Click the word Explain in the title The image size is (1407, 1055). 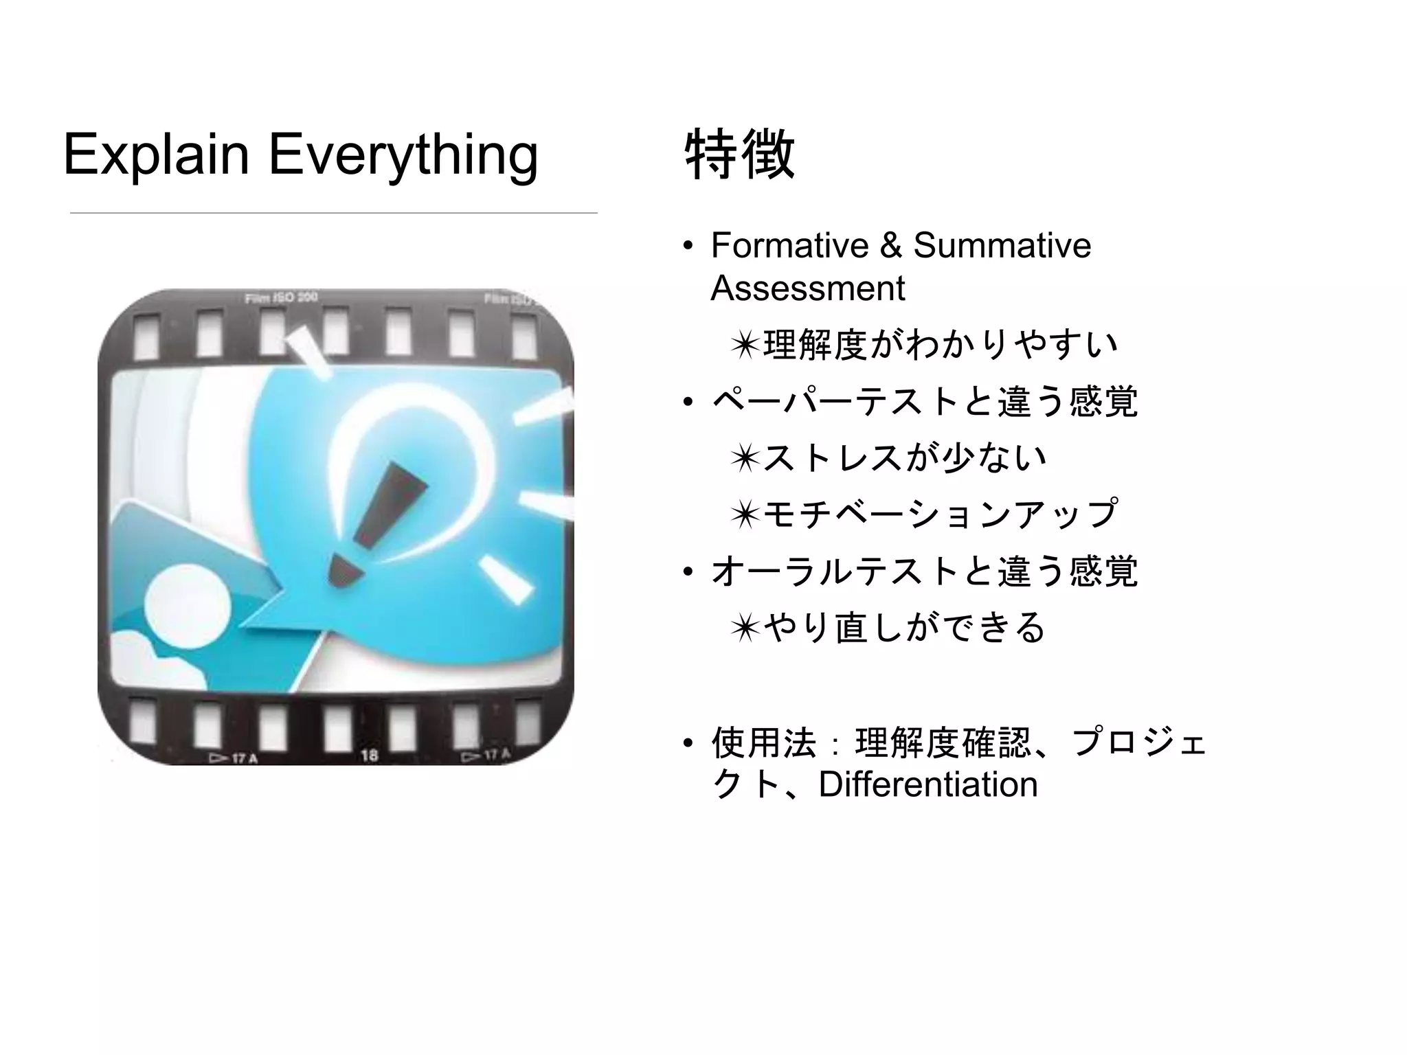[x=156, y=155]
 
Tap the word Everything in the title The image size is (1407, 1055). [x=403, y=155]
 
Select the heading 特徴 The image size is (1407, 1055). [x=740, y=155]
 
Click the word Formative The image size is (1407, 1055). [x=790, y=246]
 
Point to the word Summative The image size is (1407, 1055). [x=1002, y=246]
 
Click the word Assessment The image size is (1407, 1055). [x=807, y=288]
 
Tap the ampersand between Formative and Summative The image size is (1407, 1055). [x=890, y=246]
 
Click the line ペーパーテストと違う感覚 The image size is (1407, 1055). [x=924, y=401]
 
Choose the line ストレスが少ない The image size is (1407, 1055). [x=903, y=457]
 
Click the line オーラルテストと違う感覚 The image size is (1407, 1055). [x=924, y=571]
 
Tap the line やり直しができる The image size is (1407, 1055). [x=903, y=627]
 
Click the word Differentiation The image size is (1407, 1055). [x=928, y=784]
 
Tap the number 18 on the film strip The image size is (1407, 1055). [x=370, y=756]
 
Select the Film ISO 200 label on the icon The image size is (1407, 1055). [x=281, y=298]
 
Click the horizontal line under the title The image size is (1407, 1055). [x=333, y=213]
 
